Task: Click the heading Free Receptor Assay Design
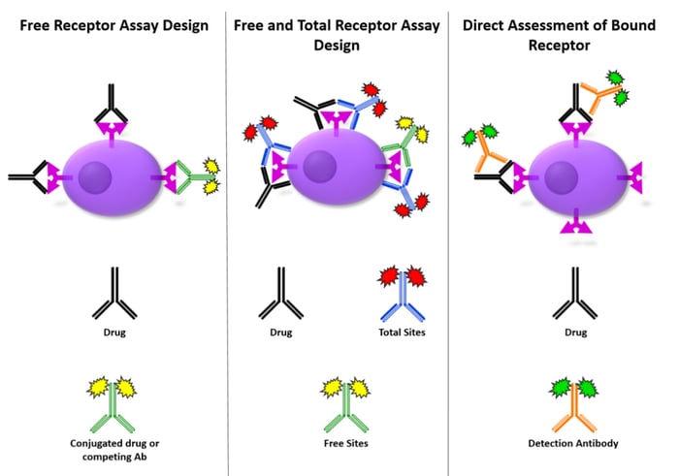113,24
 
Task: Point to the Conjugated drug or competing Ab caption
113,449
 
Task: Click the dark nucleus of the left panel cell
94,180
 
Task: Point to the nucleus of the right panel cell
562,179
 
